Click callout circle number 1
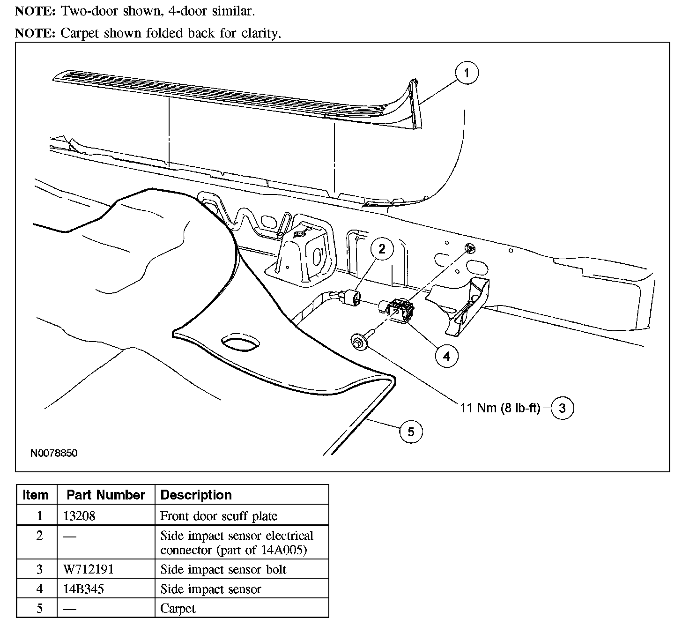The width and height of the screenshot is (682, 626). click(x=467, y=73)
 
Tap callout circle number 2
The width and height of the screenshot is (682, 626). click(x=382, y=249)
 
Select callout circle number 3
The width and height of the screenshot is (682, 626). click(x=563, y=408)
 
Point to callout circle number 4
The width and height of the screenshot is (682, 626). click(x=447, y=356)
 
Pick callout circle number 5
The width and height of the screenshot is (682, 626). click(x=411, y=432)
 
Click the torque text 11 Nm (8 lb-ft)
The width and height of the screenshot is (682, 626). click(x=500, y=408)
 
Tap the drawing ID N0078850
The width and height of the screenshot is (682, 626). click(x=54, y=453)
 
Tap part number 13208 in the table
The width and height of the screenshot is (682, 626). click(x=79, y=516)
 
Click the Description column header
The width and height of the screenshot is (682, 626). click(x=196, y=495)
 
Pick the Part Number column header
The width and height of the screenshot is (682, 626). click(x=106, y=495)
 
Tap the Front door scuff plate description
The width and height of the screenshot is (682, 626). click(x=219, y=516)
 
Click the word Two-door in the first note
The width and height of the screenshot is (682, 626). click(x=89, y=11)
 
